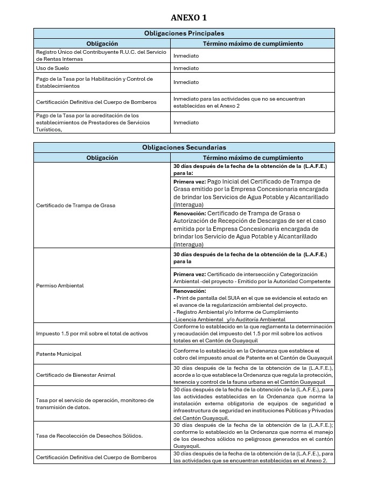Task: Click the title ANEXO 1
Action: pyautogui.click(x=188, y=18)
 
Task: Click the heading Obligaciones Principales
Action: pyautogui.click(x=184, y=33)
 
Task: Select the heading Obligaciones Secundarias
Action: pyautogui.click(x=184, y=147)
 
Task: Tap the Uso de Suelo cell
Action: pyautogui.click(x=53, y=68)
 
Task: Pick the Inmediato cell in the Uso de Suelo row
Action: pyautogui.click(x=186, y=68)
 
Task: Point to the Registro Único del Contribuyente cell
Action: pyautogui.click(x=94, y=55)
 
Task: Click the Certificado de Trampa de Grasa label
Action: pyautogui.click(x=75, y=205)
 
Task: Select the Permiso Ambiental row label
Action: pyautogui.click(x=60, y=285)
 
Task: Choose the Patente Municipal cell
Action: pyautogui.click(x=59, y=354)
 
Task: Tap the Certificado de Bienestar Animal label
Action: pyautogui.click(x=75, y=375)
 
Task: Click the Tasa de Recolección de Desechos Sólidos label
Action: pyautogui.click(x=89, y=435)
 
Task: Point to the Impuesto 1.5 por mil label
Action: pyautogui.click(x=86, y=334)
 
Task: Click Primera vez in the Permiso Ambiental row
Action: pyautogui.click(x=185, y=275)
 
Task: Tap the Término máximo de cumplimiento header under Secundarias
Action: pyautogui.click(x=253, y=158)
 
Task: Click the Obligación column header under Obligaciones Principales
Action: pyautogui.click(x=102, y=44)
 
